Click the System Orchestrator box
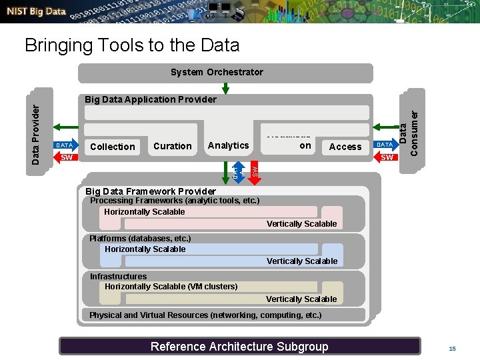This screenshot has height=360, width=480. pos(217,72)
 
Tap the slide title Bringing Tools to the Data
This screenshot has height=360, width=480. pos(131,45)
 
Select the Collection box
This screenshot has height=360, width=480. pos(113,147)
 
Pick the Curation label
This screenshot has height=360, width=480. pos(172,146)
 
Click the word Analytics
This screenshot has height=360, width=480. pos(228,145)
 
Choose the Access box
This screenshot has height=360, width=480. pos(345,147)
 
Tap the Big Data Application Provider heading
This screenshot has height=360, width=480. pos(151,99)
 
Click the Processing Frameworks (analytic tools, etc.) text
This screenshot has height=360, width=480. pos(174,200)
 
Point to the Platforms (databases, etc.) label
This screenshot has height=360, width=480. pos(140,238)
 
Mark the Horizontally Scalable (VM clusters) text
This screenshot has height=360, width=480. pos(171,286)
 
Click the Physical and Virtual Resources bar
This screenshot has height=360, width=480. pos(205,315)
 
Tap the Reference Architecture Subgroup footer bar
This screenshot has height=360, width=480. pos(239,346)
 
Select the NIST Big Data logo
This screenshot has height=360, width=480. pos(37,12)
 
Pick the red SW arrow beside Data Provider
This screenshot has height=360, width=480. pos(65,158)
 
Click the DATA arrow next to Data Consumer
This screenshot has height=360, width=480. pos(384,145)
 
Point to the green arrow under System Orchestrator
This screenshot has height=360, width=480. pos(224,88)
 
